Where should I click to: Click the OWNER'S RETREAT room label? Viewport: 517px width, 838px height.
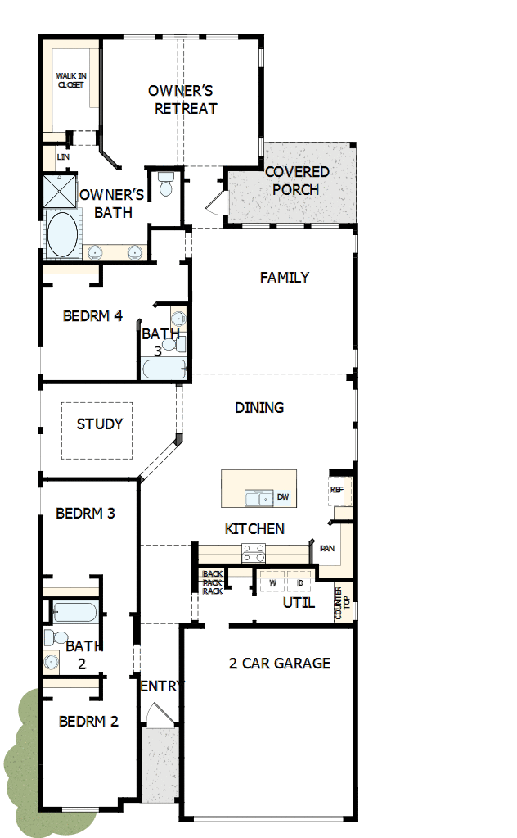click(x=182, y=99)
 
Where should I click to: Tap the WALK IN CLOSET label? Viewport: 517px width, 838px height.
click(x=70, y=80)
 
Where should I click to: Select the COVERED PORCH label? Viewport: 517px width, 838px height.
click(x=297, y=180)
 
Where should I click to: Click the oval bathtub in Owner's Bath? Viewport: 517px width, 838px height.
click(x=61, y=233)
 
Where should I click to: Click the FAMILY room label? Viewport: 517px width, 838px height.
click(x=285, y=278)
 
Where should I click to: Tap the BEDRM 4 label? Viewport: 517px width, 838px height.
click(x=92, y=315)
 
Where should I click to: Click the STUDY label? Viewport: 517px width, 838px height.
click(x=100, y=424)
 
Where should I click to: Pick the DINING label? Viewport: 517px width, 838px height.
click(x=259, y=407)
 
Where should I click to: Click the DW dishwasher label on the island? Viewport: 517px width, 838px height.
click(x=282, y=497)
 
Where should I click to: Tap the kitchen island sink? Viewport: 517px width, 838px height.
click(x=259, y=498)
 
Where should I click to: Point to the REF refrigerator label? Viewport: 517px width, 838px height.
click(x=336, y=489)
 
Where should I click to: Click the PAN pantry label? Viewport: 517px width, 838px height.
click(x=327, y=548)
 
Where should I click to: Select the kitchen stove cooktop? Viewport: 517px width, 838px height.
click(x=253, y=553)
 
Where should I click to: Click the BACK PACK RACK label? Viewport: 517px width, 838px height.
click(x=213, y=582)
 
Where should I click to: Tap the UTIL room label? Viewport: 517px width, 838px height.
click(x=299, y=603)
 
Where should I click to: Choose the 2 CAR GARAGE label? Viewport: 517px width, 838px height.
click(x=280, y=663)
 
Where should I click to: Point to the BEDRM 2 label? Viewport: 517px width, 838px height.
click(x=88, y=722)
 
